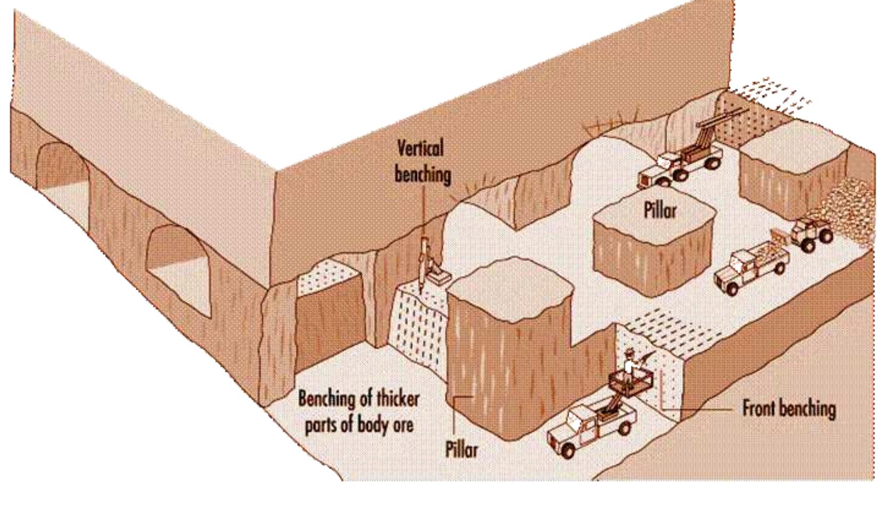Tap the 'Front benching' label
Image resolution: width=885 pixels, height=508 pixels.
pos(788,409)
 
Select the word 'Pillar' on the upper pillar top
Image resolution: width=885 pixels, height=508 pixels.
pos(660,210)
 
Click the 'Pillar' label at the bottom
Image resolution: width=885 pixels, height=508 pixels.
pos(461,450)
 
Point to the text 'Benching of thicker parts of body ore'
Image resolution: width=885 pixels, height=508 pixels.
pos(358,412)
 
